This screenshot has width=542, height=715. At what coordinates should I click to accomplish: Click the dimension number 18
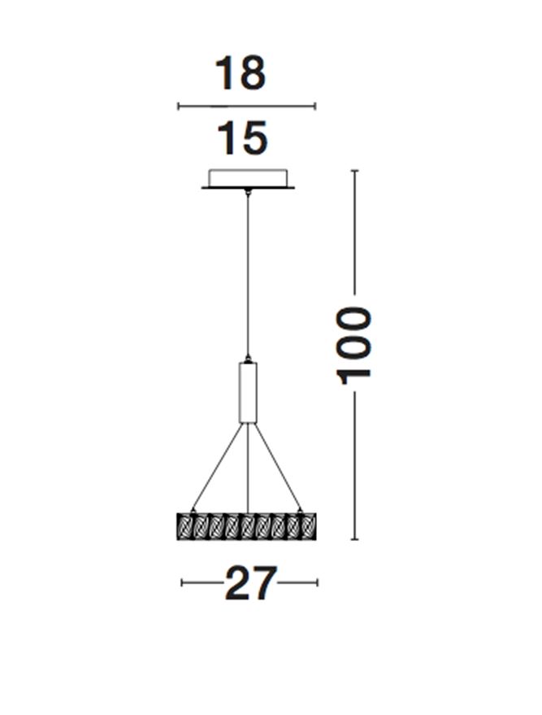tap(240, 73)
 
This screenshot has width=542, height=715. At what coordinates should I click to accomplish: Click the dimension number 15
tap(242, 137)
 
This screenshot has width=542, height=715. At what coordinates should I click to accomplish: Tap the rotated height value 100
tap(353, 346)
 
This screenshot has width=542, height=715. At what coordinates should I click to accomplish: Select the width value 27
tap(250, 582)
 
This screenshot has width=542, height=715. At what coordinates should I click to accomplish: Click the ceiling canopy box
tap(248, 177)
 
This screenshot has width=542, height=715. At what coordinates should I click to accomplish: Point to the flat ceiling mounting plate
tap(248, 187)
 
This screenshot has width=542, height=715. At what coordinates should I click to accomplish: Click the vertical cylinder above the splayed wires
tap(248, 392)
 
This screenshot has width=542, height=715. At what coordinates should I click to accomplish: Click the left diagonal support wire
tap(217, 466)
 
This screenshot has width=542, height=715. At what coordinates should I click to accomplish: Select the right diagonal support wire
tap(277, 466)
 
